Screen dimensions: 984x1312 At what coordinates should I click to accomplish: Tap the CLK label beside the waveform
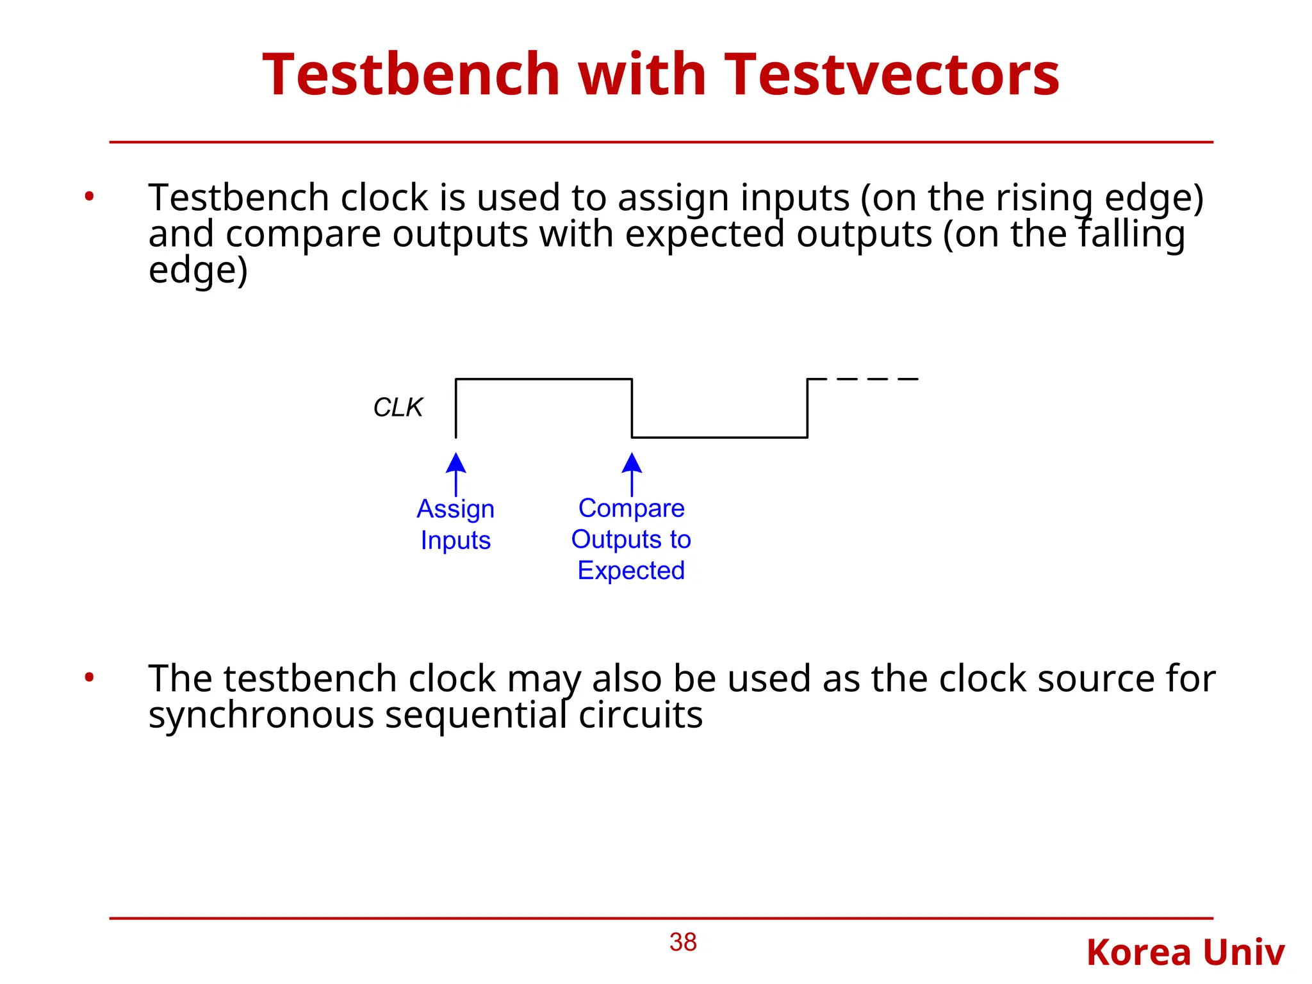click(x=398, y=407)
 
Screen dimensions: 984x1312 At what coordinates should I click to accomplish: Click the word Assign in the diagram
click(x=455, y=509)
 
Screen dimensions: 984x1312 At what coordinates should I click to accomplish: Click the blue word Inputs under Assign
click(x=455, y=540)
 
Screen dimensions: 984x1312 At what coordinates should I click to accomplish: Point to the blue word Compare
click(x=631, y=508)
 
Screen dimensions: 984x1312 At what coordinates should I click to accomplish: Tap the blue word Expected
click(x=631, y=570)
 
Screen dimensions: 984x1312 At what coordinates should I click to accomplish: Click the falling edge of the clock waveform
click(x=632, y=408)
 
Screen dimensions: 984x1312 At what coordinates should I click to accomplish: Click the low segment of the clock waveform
click(x=719, y=438)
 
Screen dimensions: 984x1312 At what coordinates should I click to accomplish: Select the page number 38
click(x=683, y=942)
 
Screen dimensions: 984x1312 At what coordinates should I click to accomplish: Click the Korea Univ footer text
click(x=1185, y=953)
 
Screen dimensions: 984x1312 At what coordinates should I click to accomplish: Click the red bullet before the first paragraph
click(x=89, y=197)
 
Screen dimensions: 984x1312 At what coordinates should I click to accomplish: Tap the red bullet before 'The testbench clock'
click(x=89, y=677)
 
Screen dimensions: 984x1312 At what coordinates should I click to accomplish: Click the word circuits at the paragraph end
click(x=640, y=715)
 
